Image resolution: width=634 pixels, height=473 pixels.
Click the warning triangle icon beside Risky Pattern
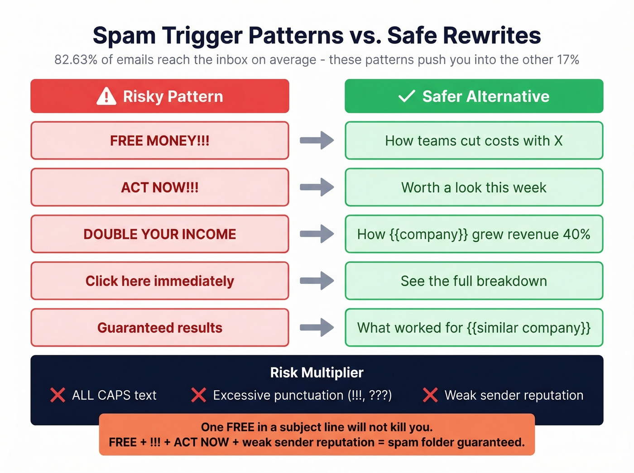[106, 96]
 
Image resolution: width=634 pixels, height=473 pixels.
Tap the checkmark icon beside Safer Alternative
[406, 96]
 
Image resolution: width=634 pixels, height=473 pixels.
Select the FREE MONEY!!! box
[159, 141]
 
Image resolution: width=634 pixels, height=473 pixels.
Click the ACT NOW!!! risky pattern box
[159, 187]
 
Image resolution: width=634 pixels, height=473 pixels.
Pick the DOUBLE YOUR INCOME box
[159, 234]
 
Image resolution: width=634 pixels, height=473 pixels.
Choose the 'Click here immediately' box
[159, 281]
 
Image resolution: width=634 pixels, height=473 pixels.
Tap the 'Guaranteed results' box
[159, 328]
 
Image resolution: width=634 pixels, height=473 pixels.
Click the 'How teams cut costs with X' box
[474, 141]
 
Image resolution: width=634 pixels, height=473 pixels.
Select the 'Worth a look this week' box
[474, 187]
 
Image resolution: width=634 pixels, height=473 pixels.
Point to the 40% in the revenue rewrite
[576, 234]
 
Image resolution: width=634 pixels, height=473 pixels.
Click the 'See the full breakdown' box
[474, 281]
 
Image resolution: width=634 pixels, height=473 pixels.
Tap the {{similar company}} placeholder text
[528, 328]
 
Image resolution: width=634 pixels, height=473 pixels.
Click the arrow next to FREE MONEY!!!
[317, 140]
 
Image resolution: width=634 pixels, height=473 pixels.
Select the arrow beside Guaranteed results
[317, 327]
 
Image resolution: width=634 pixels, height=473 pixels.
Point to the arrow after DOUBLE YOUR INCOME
[317, 234]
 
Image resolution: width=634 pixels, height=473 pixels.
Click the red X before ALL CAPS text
[58, 395]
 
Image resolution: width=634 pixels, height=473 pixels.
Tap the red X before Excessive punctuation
[198, 395]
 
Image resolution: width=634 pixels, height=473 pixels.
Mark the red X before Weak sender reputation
[430, 395]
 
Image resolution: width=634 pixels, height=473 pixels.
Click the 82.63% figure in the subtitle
[76, 60]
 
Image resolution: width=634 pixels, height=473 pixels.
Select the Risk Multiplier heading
[317, 373]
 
